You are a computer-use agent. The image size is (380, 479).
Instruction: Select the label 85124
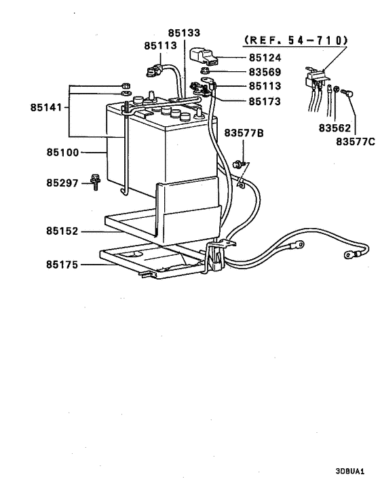point(264,58)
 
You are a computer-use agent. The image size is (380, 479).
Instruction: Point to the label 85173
point(264,101)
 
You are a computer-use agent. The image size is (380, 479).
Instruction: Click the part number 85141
point(45,107)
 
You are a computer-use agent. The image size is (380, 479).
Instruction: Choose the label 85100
point(62,153)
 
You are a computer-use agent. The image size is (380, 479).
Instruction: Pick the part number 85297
point(62,183)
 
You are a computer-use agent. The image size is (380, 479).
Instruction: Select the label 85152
point(62,231)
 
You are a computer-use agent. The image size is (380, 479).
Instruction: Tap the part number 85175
point(62,264)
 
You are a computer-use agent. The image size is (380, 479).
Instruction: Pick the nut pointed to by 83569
point(204,71)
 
